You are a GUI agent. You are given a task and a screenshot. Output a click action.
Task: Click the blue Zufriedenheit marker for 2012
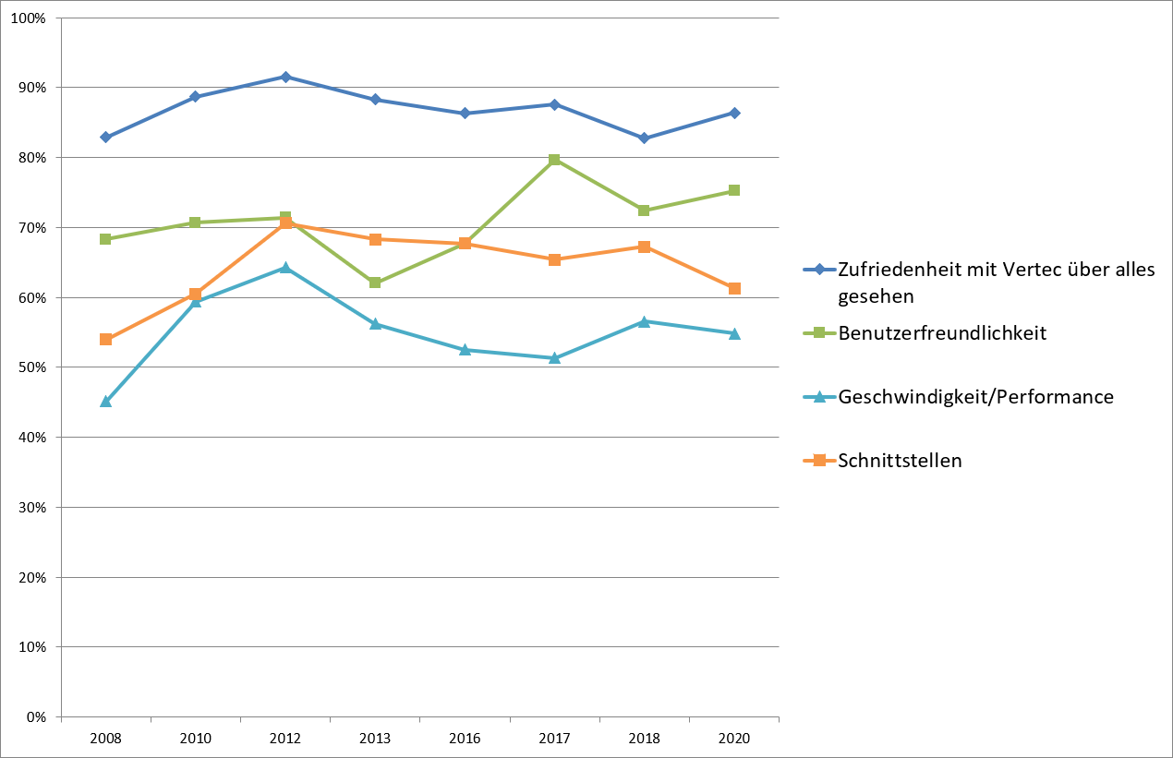point(285,77)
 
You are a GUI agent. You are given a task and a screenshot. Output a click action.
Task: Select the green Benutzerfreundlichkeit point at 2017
point(554,160)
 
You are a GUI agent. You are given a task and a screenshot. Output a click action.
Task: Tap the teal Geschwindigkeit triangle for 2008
point(105,402)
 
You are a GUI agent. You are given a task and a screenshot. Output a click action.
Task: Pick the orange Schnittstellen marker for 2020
point(734,288)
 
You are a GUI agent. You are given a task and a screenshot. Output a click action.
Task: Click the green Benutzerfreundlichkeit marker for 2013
point(375,283)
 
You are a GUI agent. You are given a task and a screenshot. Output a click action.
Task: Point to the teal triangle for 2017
point(554,357)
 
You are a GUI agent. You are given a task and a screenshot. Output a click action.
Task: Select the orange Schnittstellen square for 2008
point(105,339)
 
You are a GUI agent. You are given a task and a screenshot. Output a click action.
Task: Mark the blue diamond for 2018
point(644,138)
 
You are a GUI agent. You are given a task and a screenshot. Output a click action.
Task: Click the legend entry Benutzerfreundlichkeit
point(942,333)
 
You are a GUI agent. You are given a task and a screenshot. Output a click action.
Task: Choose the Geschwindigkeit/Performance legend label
point(975,397)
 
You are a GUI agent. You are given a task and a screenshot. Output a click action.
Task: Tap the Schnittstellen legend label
point(900,461)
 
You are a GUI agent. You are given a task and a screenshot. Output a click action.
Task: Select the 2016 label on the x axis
point(465,739)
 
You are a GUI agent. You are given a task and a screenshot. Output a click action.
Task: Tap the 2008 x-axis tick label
point(105,739)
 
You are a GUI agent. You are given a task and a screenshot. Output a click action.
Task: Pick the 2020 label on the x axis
point(734,739)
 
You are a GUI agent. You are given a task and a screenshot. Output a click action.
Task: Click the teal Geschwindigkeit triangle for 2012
point(285,268)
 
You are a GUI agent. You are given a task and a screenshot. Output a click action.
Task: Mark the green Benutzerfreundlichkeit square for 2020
point(734,190)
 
